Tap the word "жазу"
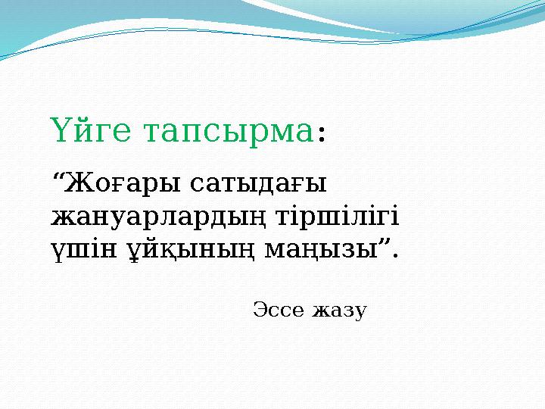(339, 311)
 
